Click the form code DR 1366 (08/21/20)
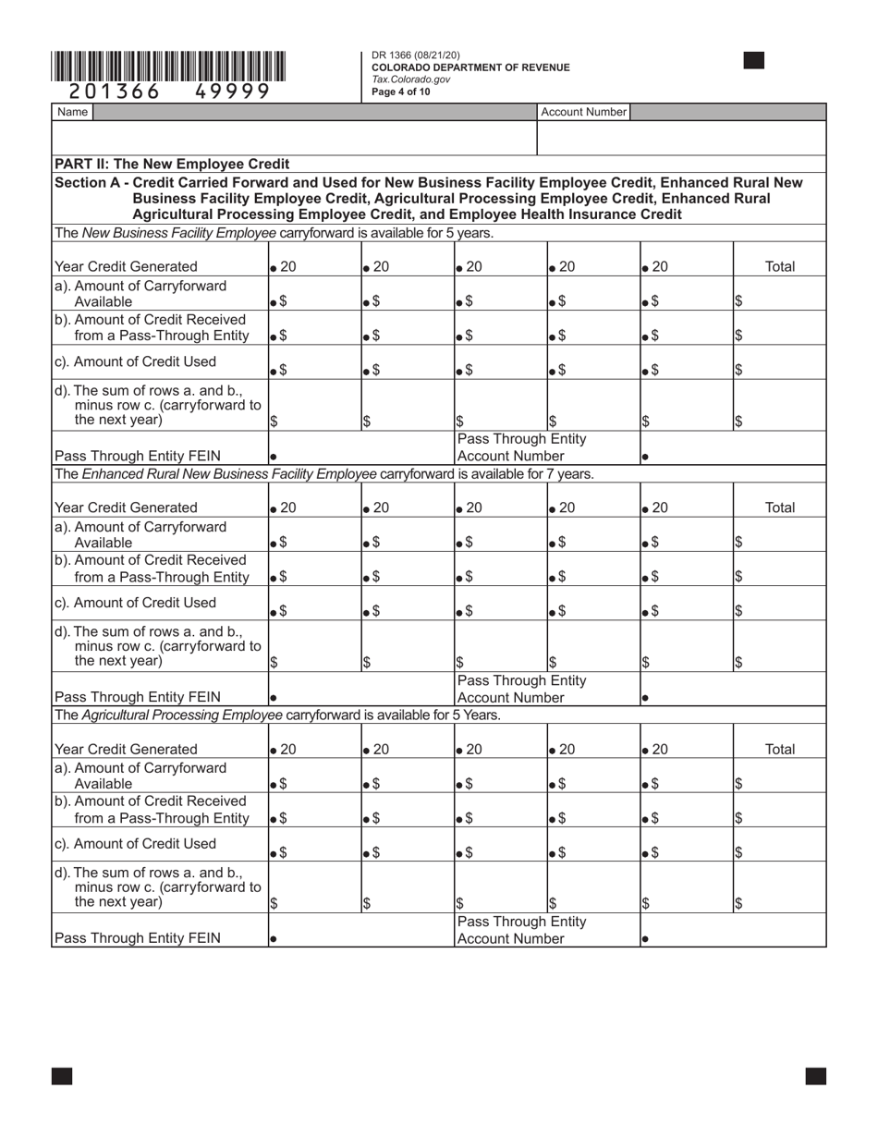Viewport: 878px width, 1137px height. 415,55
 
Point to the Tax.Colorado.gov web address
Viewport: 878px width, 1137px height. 410,79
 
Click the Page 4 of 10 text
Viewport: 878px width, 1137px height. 400,92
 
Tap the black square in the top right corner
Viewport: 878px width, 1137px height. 753,61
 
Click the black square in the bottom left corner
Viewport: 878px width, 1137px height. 62,1076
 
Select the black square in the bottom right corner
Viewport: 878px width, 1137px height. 815,1076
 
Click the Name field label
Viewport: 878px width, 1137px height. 72,112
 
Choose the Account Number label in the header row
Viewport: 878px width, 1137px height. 583,112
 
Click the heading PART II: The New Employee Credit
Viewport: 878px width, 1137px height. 172,164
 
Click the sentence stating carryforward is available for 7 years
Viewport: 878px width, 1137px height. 323,474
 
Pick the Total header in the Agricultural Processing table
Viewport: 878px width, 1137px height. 779,749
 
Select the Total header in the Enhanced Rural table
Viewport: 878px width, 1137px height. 779,507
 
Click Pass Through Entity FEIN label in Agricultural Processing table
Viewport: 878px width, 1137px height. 138,937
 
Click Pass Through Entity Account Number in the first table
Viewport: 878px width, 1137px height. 522,447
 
